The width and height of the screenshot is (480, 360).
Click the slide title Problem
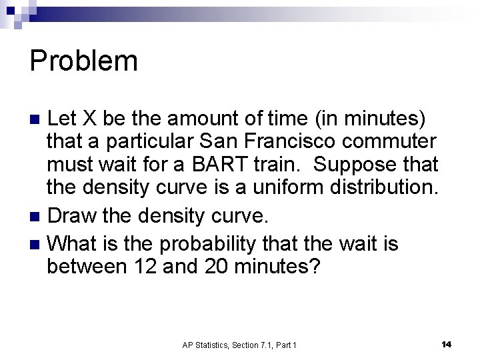[84, 61]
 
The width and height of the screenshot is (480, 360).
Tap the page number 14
[446, 343]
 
